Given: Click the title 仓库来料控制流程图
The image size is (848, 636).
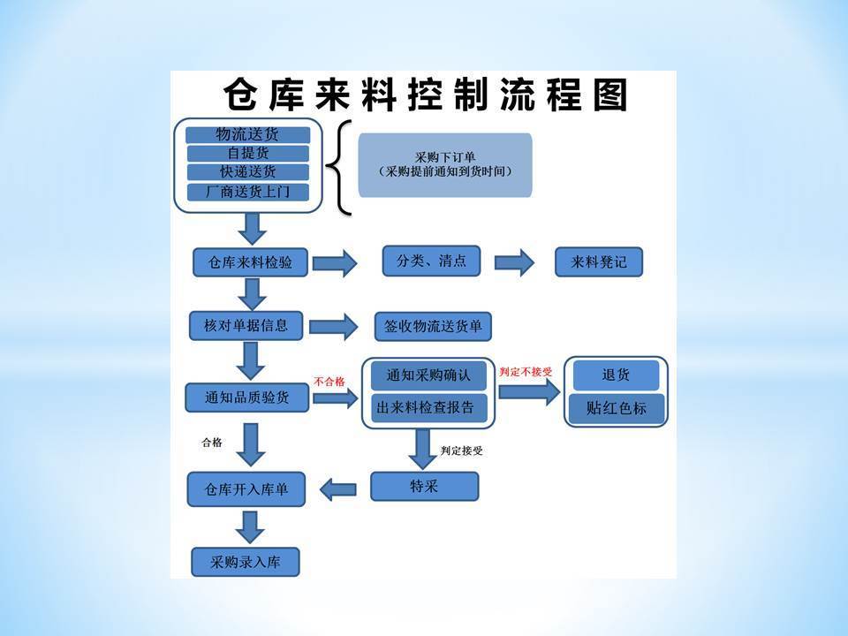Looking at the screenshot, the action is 426,95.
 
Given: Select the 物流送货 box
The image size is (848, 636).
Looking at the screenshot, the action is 247,134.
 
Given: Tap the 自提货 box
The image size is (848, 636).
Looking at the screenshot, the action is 247,153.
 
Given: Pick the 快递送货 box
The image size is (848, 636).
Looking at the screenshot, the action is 247,172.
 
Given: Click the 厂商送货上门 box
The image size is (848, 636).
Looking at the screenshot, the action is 247,192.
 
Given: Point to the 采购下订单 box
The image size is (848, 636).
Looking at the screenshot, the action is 445,165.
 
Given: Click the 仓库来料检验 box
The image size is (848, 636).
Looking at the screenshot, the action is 250,262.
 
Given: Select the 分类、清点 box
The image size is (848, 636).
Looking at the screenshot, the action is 431,261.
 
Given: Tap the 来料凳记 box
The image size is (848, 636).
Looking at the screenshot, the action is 599,262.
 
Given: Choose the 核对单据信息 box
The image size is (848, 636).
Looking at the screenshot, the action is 246,326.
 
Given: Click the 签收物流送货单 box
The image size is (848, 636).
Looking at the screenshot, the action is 433,327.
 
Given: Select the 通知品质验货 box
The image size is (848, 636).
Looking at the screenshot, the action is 247,397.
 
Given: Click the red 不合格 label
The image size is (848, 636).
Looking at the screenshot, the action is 329,382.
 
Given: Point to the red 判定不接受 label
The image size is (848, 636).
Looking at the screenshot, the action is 526,372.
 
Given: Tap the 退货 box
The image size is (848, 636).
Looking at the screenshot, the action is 616,375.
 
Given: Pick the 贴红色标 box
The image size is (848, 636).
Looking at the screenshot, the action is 616,408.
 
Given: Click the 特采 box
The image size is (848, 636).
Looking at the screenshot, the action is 425,486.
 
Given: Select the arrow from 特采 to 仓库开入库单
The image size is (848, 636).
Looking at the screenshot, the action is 338,490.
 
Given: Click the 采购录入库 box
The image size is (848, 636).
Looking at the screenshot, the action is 246,562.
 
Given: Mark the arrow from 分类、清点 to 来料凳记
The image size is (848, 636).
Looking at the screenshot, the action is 514,263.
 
